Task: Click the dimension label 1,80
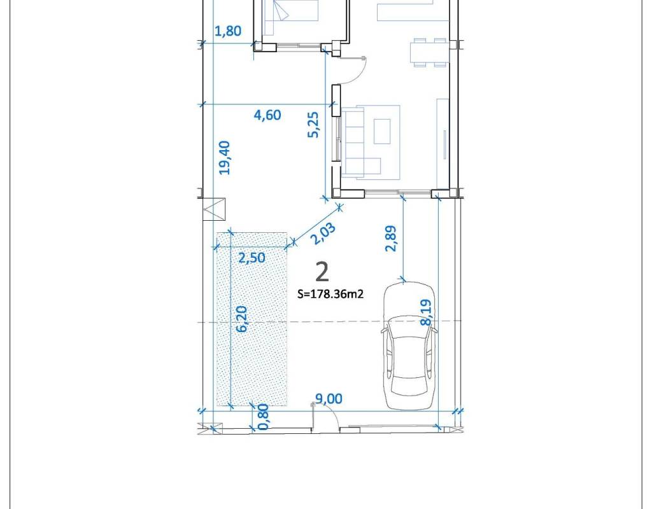coord(228,31)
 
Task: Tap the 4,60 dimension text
coord(267,115)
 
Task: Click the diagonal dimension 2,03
coord(323,234)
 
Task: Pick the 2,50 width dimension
coord(252,258)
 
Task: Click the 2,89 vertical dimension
coord(392,239)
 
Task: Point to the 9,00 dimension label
coord(329,399)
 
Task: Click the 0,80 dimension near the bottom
coord(263,417)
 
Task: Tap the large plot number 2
coord(322,272)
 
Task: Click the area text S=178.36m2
coord(330,294)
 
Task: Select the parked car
coord(410,345)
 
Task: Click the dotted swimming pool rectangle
coord(252,319)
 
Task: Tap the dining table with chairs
coord(430,52)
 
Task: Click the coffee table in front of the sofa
coord(382,131)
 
